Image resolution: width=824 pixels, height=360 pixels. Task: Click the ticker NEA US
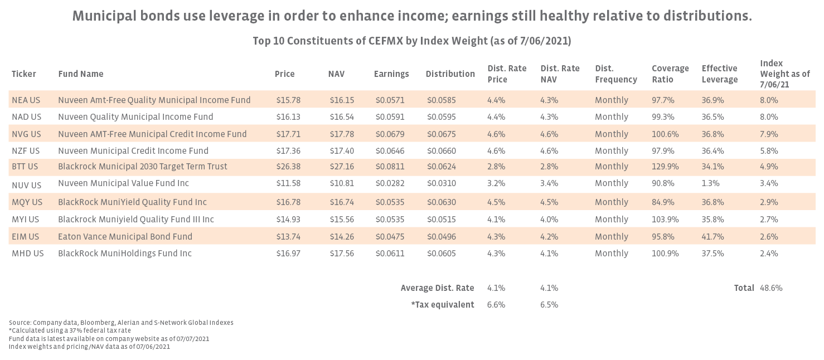click(x=26, y=100)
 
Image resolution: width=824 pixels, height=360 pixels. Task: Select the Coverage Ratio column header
click(x=670, y=74)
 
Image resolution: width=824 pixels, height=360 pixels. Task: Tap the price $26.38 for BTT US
click(x=288, y=167)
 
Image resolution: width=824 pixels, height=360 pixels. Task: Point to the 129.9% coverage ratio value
click(x=663, y=167)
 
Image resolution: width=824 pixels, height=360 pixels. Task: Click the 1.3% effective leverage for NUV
click(x=711, y=183)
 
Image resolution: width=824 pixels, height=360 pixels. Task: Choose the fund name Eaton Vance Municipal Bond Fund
click(x=125, y=237)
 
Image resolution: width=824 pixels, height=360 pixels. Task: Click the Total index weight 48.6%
click(x=771, y=288)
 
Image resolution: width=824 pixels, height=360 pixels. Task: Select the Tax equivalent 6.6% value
click(x=496, y=305)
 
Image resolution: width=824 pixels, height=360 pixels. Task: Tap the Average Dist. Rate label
click(x=437, y=288)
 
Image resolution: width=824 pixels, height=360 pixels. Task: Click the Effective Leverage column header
click(x=719, y=74)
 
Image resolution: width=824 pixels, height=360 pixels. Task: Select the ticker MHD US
click(x=27, y=254)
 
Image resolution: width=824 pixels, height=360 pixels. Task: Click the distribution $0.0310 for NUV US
click(x=442, y=183)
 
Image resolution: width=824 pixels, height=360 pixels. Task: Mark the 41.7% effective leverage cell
click(x=713, y=237)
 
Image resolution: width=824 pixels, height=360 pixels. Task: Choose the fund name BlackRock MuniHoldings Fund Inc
click(x=125, y=254)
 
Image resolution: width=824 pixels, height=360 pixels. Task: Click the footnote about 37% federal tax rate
click(x=70, y=330)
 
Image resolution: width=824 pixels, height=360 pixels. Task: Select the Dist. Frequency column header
click(x=615, y=74)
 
